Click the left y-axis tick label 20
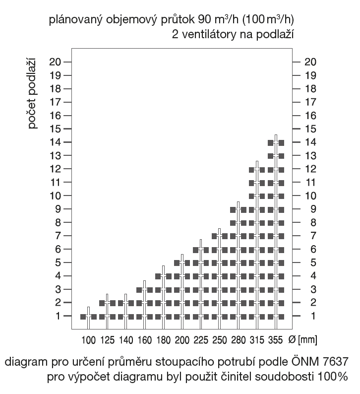(x=55, y=62)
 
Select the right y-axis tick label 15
(x=311, y=129)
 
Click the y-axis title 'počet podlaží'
(x=33, y=95)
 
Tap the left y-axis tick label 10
(x=55, y=196)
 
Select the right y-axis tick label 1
(x=311, y=316)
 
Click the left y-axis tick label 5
(x=58, y=262)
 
